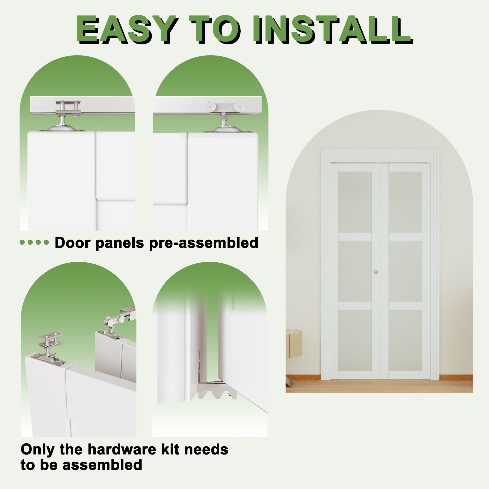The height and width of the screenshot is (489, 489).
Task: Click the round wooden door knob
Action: click(376, 272)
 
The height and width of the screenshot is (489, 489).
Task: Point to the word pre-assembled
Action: click(204, 243)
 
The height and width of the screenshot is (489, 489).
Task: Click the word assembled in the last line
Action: click(102, 465)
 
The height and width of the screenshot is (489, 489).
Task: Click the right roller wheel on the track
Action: click(239, 106)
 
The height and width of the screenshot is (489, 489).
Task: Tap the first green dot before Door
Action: click(22, 242)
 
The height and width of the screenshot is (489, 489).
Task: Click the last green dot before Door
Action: click(46, 242)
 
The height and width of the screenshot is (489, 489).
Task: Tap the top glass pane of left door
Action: click(355, 202)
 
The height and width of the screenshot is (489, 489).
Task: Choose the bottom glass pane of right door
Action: click(405, 341)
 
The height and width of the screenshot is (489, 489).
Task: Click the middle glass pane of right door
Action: click(405, 271)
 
